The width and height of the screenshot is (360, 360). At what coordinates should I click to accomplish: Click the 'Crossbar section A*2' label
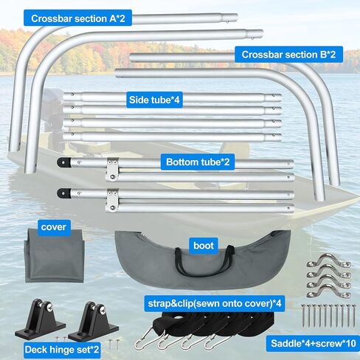[77, 18]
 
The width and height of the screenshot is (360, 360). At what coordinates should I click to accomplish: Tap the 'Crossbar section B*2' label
[288, 55]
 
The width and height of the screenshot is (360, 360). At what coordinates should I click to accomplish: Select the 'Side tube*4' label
[154, 100]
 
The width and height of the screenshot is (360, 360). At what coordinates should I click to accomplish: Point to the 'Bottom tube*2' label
[198, 162]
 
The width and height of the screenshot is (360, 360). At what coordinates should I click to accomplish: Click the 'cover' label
[54, 227]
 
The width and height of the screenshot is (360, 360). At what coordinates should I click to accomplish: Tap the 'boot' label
[204, 246]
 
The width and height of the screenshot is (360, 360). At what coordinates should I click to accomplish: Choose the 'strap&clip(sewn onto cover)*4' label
[215, 303]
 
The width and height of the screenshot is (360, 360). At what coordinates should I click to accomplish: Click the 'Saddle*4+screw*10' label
[314, 343]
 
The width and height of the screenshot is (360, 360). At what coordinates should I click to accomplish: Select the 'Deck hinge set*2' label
[62, 350]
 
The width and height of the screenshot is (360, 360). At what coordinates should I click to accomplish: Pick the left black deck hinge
[40, 319]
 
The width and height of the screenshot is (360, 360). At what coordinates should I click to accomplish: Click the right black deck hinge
[94, 321]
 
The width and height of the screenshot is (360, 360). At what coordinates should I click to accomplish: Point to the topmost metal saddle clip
[329, 260]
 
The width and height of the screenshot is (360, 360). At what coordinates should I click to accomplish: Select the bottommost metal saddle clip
[329, 291]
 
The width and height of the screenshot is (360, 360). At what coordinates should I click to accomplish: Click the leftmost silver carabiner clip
[145, 338]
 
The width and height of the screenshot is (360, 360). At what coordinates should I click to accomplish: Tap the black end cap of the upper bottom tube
[64, 162]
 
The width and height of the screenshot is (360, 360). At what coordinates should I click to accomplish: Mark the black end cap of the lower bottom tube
[64, 193]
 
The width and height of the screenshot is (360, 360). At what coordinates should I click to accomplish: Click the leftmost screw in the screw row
[303, 316]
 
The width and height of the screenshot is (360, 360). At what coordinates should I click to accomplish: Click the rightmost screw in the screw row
[353, 316]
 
